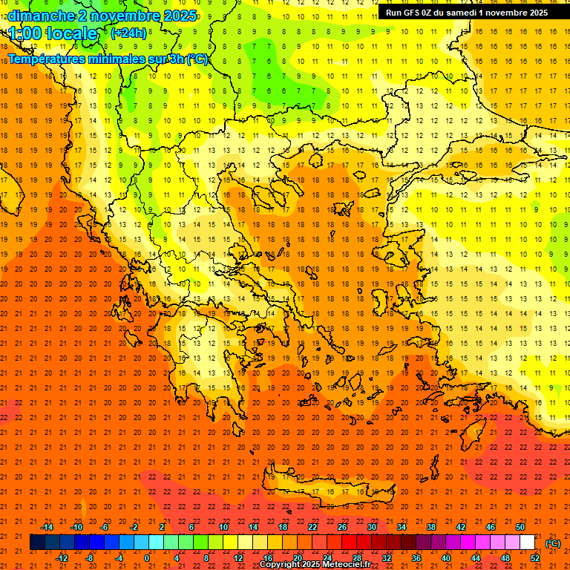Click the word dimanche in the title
coord(41,15)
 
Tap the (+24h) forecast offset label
coord(128,33)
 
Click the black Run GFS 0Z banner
coord(466,12)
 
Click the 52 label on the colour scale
coord(535,558)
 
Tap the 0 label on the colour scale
coord(147,558)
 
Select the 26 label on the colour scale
coord(342,527)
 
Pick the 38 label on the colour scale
coord(431,527)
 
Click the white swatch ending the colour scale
coord(528,543)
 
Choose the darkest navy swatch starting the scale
coord(37,543)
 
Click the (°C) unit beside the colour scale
coord(553,543)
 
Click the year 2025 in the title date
coord(180,15)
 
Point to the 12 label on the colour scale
coord(238,558)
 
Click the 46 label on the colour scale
coord(491,527)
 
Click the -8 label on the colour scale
coord(91,558)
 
